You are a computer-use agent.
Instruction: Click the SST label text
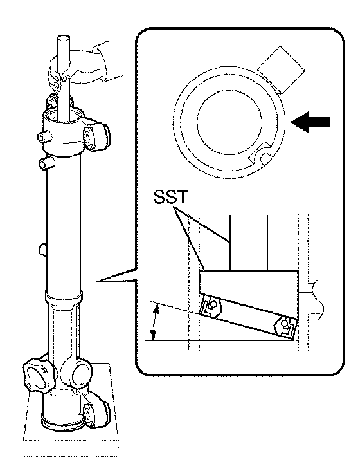(x=170, y=197)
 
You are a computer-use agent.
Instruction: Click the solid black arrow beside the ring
(x=310, y=122)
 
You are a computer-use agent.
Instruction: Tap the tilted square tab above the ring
(x=282, y=69)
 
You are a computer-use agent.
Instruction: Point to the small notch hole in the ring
(x=265, y=158)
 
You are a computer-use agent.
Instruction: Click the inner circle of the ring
(x=230, y=123)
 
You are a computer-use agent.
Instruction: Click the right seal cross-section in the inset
(x=285, y=326)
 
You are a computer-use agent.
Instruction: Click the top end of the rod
(x=63, y=38)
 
